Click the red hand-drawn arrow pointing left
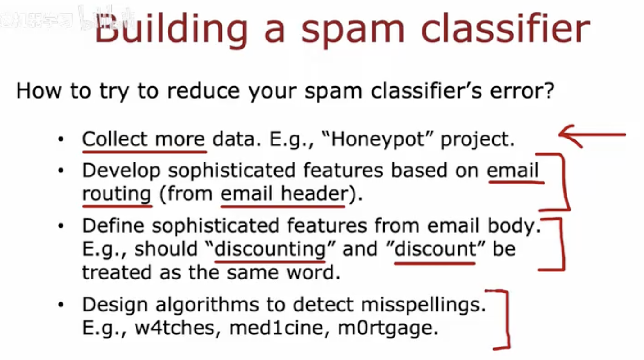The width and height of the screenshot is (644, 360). click(x=592, y=135)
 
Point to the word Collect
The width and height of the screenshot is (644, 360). click(x=115, y=139)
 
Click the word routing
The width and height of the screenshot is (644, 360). click(x=117, y=194)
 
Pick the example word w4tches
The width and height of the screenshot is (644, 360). click(x=175, y=328)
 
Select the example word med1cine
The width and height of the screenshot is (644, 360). click(x=276, y=328)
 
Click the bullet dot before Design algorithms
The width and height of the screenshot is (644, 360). click(x=61, y=305)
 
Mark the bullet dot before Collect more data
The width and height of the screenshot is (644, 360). click(x=61, y=139)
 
